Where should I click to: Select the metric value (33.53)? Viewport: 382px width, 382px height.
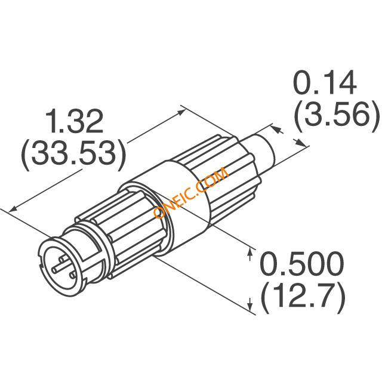73,154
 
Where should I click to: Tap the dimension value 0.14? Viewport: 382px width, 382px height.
326,82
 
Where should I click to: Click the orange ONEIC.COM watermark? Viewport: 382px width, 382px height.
191,192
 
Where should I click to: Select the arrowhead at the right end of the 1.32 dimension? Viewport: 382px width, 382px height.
181,113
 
